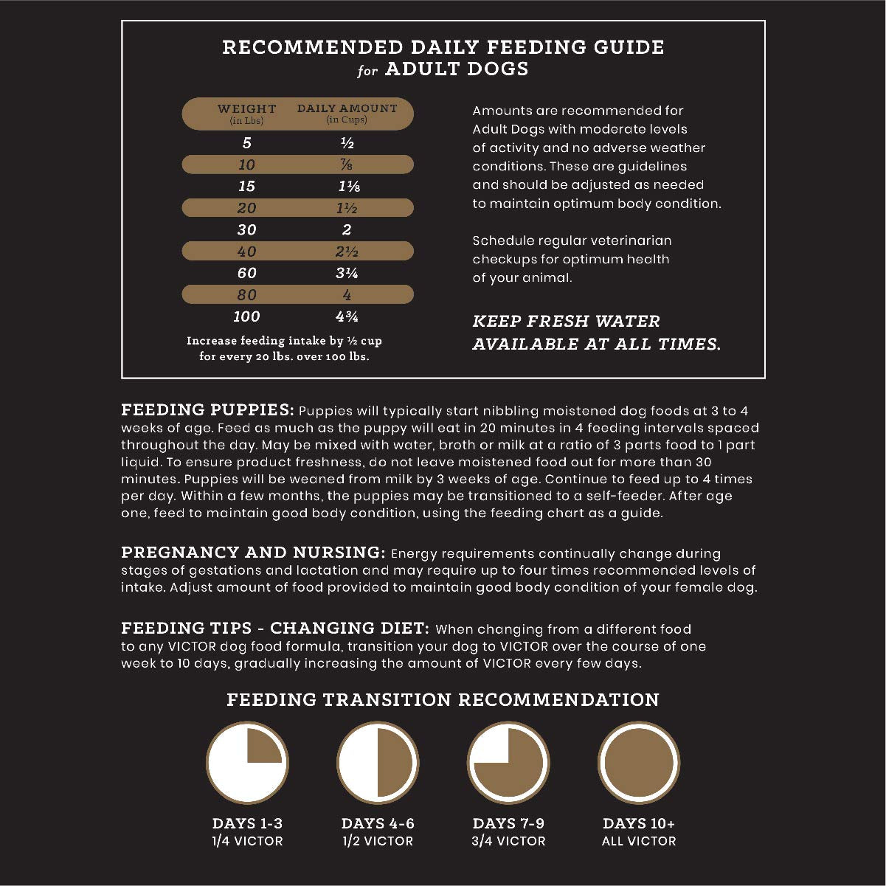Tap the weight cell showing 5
(x=246, y=143)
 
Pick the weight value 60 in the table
(x=246, y=273)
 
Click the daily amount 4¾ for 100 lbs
(x=347, y=316)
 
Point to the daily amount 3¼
(x=347, y=273)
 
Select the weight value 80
(x=246, y=295)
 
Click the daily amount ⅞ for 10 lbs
(x=347, y=165)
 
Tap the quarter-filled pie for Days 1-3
(x=246, y=763)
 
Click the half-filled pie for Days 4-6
(x=378, y=763)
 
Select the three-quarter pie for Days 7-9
(x=508, y=763)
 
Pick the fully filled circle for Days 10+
(x=638, y=763)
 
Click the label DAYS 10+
(x=639, y=823)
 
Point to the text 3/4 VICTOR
(x=509, y=841)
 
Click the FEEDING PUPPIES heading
(x=207, y=410)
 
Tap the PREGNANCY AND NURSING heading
(x=253, y=553)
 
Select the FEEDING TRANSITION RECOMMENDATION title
(x=443, y=699)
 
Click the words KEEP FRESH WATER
(x=566, y=322)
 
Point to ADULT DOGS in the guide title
(x=457, y=69)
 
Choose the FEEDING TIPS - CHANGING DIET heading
(x=274, y=629)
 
